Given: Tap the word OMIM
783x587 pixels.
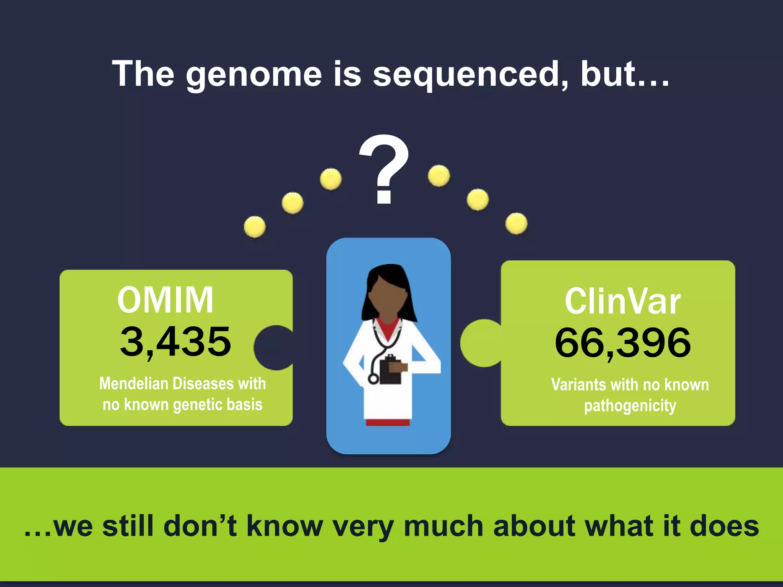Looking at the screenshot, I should click(165, 300).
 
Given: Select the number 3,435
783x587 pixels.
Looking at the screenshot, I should click(175, 342).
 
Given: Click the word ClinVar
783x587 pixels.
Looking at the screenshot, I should click(622, 302).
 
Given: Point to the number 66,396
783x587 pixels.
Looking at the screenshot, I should click(622, 343).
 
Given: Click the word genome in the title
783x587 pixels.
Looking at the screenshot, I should click(254, 75).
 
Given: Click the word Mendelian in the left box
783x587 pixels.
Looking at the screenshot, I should click(133, 384).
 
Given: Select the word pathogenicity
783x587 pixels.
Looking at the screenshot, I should click(630, 406).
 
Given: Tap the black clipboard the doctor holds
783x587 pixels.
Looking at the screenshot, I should click(391, 370).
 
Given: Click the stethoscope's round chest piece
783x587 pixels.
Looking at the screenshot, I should click(373, 379).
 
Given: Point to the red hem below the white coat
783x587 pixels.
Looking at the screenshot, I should click(388, 423).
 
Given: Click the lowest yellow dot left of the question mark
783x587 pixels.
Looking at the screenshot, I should click(255, 227).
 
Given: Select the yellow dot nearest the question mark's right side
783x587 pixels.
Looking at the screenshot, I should click(439, 176).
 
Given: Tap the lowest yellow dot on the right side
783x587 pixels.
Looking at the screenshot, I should click(516, 224).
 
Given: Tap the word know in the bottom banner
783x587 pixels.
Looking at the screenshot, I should click(284, 527).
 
